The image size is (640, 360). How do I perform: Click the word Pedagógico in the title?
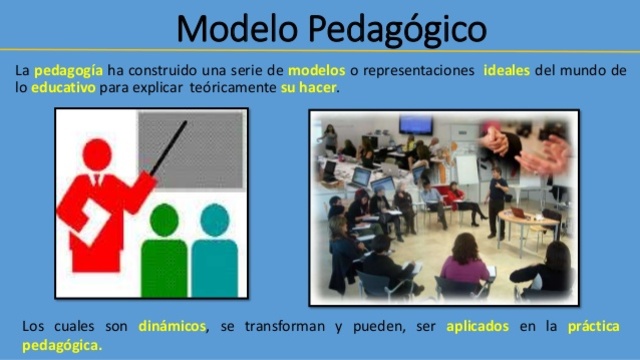398,29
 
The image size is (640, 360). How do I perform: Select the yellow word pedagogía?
67,71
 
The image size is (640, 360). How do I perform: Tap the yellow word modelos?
315,71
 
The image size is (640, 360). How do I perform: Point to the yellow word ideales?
513,71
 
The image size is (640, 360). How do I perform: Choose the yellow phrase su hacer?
310,88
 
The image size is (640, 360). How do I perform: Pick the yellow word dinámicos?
173,327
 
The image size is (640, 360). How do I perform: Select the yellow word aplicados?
477,327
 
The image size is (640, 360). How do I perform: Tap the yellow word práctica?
593,327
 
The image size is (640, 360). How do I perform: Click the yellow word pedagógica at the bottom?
61,345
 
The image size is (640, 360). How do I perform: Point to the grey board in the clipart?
190,150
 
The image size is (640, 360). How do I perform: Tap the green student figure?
162,250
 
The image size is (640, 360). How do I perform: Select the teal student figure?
213,250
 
